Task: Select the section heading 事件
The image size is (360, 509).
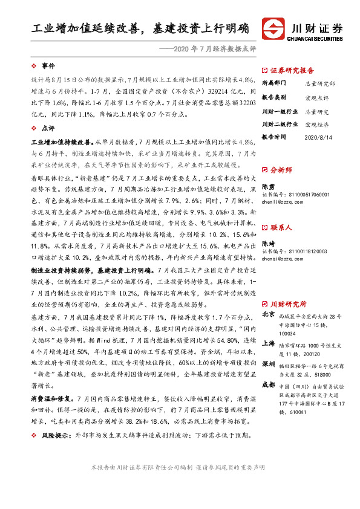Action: click(x=48, y=65)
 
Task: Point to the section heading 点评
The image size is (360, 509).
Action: click(x=48, y=128)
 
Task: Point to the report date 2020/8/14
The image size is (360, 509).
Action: click(x=318, y=138)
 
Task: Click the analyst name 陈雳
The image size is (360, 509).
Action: click(x=269, y=187)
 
